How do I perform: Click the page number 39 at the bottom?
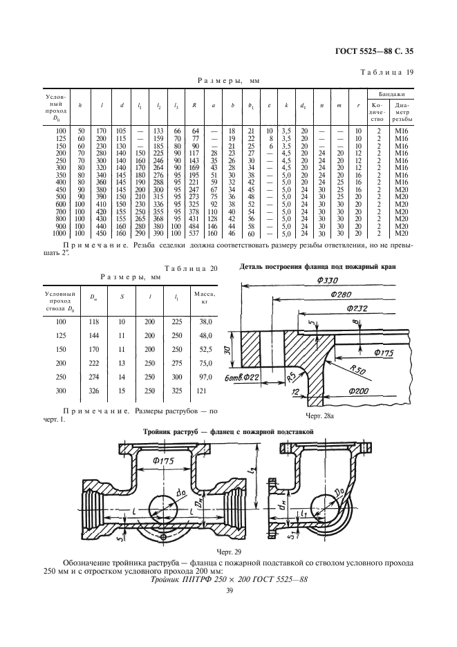[228, 608]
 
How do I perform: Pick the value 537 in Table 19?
[194, 234]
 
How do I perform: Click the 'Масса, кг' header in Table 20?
[205, 298]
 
